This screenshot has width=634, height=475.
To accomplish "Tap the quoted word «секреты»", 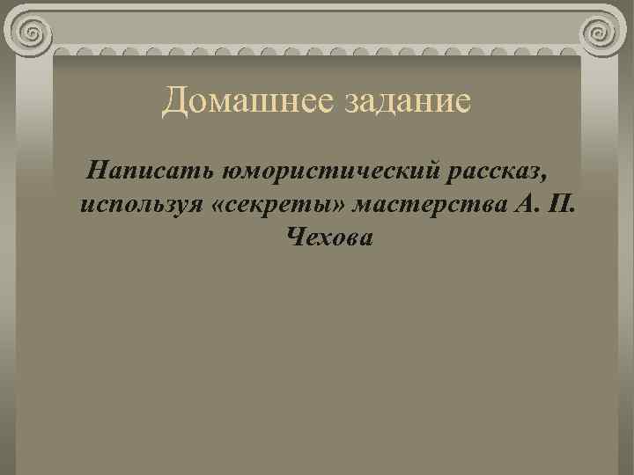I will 276,204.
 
